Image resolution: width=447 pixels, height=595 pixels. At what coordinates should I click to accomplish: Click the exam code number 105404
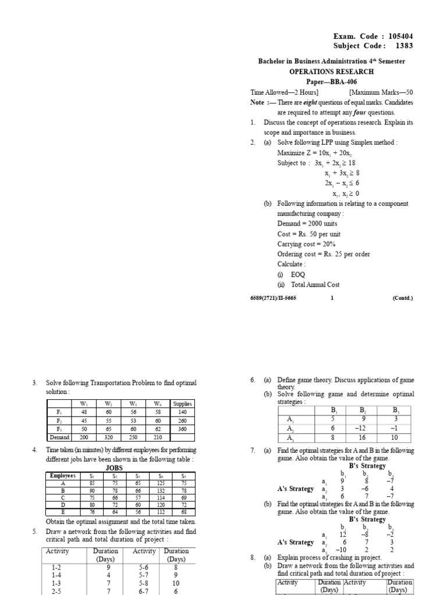399,36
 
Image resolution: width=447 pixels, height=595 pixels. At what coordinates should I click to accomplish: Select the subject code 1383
405,46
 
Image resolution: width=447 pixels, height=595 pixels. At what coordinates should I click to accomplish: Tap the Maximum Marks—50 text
381,92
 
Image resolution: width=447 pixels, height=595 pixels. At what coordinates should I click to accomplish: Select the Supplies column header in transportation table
183,404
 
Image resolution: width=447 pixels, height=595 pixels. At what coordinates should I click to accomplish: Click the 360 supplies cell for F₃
183,429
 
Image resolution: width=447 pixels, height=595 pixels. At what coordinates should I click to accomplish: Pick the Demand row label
59,437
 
